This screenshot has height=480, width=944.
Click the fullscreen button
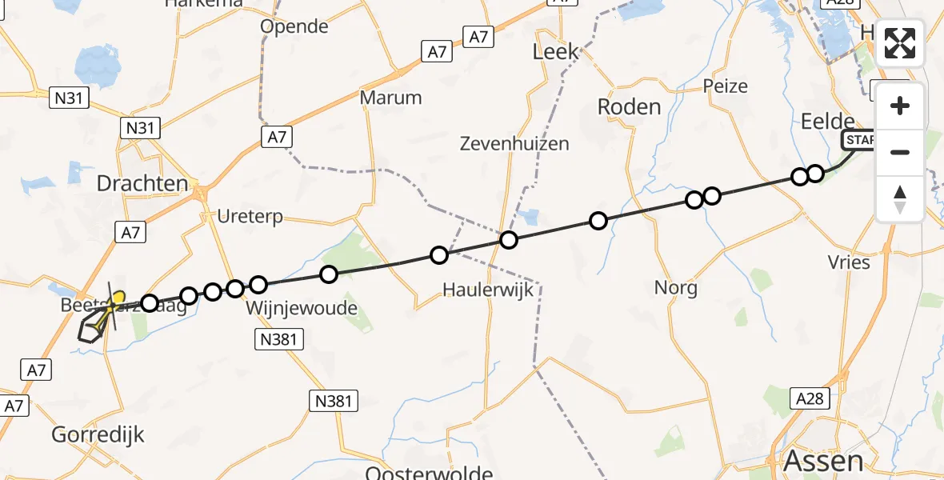(x=900, y=43)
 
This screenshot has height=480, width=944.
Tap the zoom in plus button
(x=900, y=106)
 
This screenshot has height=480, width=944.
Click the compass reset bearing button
(x=900, y=198)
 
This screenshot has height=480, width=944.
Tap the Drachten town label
(x=142, y=183)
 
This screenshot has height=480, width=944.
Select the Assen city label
(x=823, y=462)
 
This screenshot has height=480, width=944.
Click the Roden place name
(x=630, y=106)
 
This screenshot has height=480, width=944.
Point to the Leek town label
(x=556, y=52)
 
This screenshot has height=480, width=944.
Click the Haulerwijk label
(x=489, y=289)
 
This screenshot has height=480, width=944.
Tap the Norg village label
(x=676, y=287)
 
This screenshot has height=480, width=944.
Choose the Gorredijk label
(x=98, y=435)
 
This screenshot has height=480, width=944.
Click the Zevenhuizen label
(x=514, y=144)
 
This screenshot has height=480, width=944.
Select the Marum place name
(x=390, y=98)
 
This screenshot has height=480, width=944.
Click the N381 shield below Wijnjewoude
(x=279, y=340)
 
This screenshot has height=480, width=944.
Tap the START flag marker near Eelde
(x=859, y=141)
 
